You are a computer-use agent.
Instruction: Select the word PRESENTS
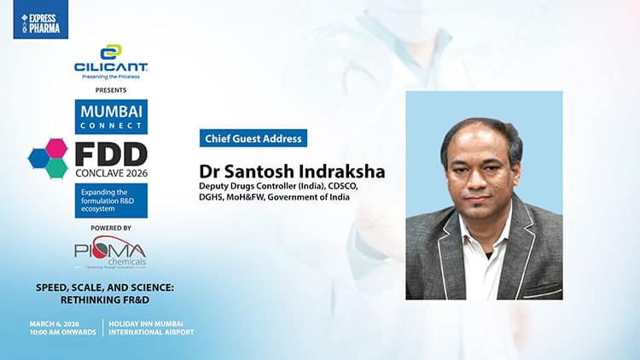coord(111,90)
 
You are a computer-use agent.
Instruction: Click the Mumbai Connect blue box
coord(111,116)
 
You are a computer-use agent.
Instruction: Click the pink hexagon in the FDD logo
coord(56,148)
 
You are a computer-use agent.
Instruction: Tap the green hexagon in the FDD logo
coord(56,167)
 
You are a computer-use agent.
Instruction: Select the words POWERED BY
coord(111,229)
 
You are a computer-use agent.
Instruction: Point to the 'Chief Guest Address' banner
coord(252,138)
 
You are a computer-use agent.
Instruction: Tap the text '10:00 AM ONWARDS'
coord(61,332)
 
